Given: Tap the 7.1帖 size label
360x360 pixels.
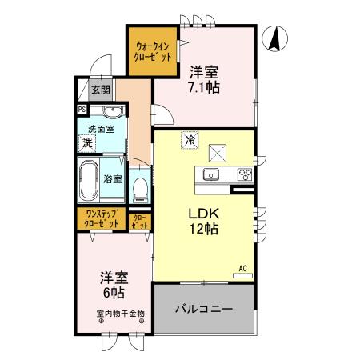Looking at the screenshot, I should [x=204, y=86].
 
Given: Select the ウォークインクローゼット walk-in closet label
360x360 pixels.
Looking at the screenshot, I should [x=154, y=53].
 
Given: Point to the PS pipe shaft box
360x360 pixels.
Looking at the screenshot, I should [x=82, y=110].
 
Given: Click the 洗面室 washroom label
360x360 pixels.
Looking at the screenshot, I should [x=100, y=127].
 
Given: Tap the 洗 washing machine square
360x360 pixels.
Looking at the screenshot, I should [x=86, y=143].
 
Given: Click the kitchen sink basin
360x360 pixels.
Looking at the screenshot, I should [x=213, y=174].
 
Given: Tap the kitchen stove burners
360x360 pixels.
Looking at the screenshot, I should [x=243, y=174].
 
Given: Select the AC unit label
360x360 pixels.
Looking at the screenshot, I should [x=242, y=268].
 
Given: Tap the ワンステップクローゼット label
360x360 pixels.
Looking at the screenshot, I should [x=102, y=218].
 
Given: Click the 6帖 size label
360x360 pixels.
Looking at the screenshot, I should [x=114, y=293].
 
